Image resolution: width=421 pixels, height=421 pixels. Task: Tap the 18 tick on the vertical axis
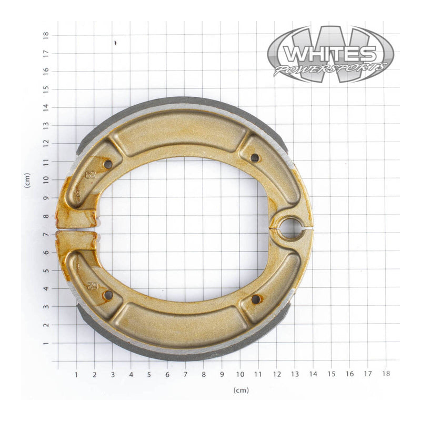[47, 34]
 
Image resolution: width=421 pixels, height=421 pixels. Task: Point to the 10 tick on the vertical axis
[47, 179]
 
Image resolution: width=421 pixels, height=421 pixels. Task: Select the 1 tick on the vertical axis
[47, 343]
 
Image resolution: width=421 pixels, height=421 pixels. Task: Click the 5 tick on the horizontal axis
[149, 375]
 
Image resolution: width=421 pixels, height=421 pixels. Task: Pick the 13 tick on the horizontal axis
[294, 375]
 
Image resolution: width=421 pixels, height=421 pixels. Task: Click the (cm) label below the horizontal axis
[241, 390]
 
